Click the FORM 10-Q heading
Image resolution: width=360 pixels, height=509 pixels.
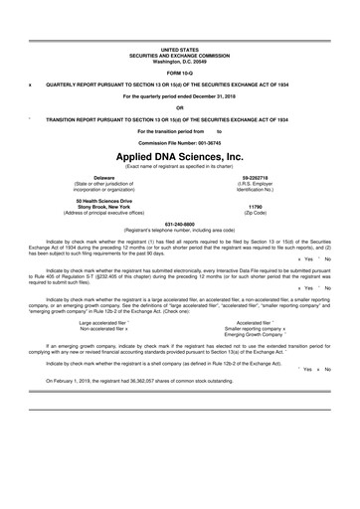pos(180,75)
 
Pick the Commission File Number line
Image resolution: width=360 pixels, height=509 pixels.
pos(180,141)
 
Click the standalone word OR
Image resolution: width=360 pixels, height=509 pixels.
pos(180,107)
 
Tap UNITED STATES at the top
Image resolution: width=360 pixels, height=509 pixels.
pos(180,48)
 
